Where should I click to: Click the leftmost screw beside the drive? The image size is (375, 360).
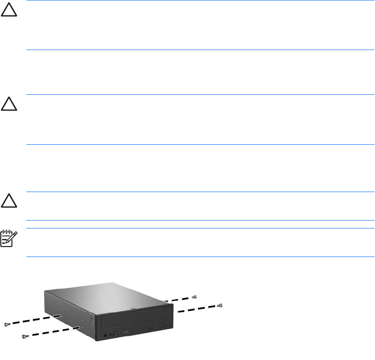coord(7,324)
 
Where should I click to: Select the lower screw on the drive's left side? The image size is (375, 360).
coord(24,336)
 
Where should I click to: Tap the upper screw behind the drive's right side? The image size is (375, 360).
coord(195,296)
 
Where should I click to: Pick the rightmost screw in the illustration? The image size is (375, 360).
coord(220,305)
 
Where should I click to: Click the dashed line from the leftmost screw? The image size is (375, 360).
coord(31,320)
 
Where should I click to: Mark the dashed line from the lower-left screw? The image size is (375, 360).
coord(50,332)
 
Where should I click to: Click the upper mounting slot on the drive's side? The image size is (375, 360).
coord(57,316)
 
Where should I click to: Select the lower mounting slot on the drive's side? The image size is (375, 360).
coord(77,327)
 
